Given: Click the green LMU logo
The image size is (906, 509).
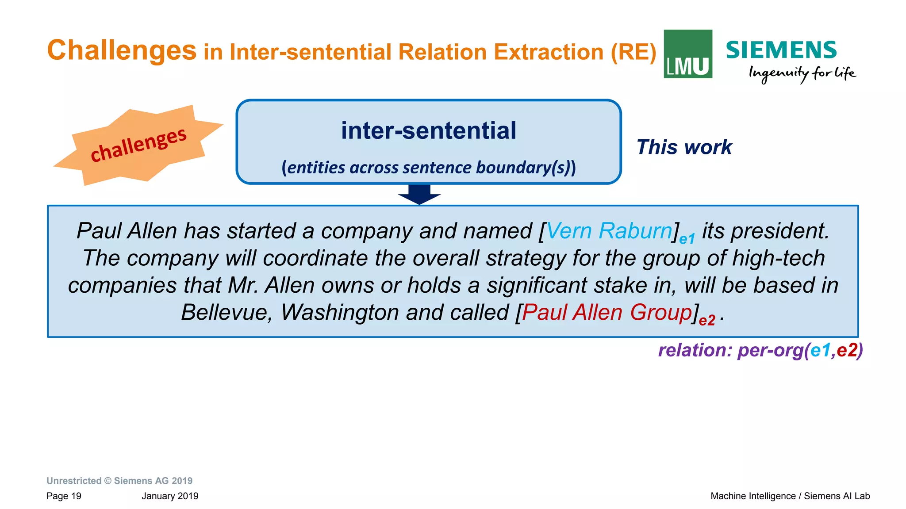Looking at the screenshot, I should point(687,54).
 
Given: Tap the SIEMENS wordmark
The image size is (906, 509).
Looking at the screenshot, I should point(781,50).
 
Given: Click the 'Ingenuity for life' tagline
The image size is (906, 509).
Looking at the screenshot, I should point(802,73).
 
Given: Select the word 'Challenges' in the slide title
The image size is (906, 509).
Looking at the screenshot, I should point(122,50).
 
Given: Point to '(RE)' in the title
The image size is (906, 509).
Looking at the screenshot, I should point(633,52).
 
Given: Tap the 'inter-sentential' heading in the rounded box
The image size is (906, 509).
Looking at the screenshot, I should point(428,131).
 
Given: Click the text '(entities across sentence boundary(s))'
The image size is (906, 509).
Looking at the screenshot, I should point(428,168).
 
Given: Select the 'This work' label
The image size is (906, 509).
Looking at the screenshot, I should point(684,147).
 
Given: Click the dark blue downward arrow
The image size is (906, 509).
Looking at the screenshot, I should point(419,194).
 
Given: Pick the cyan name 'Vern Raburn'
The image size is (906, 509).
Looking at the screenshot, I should point(609,231).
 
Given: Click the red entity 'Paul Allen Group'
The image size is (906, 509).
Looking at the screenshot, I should point(607,313).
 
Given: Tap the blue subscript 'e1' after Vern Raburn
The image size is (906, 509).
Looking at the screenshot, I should point(687,239).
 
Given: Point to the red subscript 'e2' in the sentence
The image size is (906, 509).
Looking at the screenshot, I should point(707,321).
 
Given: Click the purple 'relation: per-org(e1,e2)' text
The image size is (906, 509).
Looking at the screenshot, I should point(760,350).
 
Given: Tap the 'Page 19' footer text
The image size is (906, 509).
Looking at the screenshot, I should point(64,496).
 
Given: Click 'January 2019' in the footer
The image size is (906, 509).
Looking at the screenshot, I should point(170,496).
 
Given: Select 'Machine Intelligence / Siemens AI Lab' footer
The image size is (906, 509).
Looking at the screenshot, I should point(790,496).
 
